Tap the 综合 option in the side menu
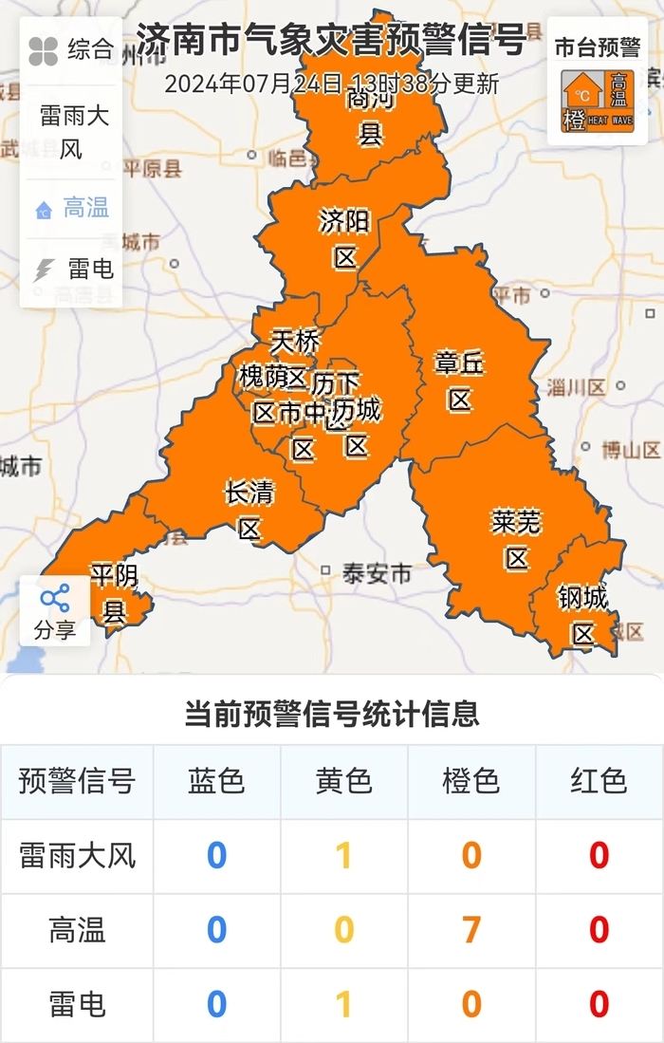point(71,50)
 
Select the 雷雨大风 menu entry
point(72,132)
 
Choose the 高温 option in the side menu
point(73,208)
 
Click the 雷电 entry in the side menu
point(73,270)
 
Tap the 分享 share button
point(55,611)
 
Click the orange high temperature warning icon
point(598,101)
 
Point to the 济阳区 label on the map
point(343,239)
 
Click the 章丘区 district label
point(460,381)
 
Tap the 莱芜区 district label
point(516,539)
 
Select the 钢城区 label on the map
point(582,615)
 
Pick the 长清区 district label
point(249,510)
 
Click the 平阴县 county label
point(114,592)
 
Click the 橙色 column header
point(470,781)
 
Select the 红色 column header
point(599,781)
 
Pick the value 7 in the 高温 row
point(470,930)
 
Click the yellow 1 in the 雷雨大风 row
point(343,856)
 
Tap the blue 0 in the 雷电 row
point(216,1004)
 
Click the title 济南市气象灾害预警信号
point(330,43)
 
